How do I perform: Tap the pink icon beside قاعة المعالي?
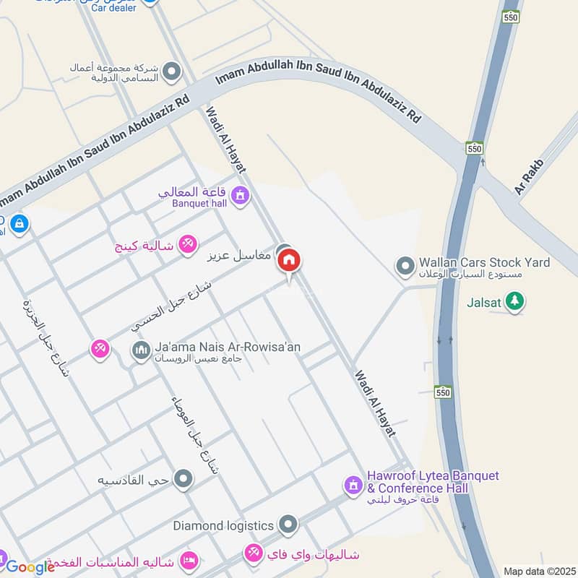pyautogui.click(x=240, y=194)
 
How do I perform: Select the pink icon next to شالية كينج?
pyautogui.click(x=188, y=245)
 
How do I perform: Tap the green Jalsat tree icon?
pyautogui.click(x=514, y=301)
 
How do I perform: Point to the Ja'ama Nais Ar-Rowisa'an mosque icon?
pyautogui.click(x=140, y=351)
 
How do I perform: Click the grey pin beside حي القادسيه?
pyautogui.click(x=184, y=478)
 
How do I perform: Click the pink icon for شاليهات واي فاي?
pyautogui.click(x=254, y=554)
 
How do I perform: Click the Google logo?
pyautogui.click(x=30, y=567)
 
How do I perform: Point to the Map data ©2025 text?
pyautogui.click(x=538, y=571)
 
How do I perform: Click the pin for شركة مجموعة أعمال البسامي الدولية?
pyautogui.click(x=171, y=71)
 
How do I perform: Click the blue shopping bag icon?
pyautogui.click(x=19, y=223)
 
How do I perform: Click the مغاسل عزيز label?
pyautogui.click(x=239, y=255)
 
